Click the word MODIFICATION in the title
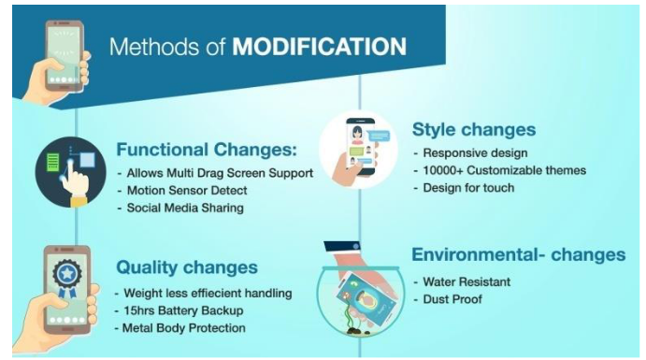(320, 46)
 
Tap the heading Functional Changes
(207, 150)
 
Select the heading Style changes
(474, 130)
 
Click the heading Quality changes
(187, 267)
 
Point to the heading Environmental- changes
(519, 254)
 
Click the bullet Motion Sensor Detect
(187, 191)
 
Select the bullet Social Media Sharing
(185, 208)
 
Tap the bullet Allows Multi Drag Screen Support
(220, 173)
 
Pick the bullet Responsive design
(475, 153)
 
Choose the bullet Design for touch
(468, 188)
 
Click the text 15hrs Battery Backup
(183, 310)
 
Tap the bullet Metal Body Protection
(184, 328)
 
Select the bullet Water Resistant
(467, 281)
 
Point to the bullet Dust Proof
(452, 299)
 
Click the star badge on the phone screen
(67, 277)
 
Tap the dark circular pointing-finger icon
(70, 172)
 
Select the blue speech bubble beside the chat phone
(379, 136)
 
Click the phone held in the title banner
(65, 55)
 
